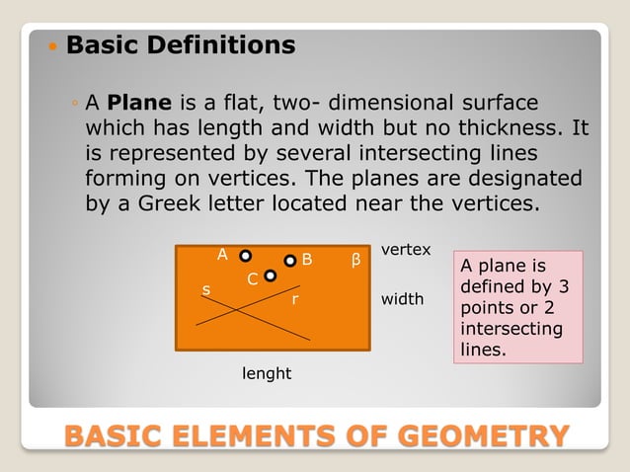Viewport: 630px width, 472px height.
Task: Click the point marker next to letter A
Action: (x=245, y=256)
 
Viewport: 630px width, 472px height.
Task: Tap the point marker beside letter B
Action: (x=290, y=261)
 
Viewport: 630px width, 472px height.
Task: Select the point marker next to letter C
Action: (x=270, y=276)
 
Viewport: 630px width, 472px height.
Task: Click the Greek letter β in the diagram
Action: (x=356, y=262)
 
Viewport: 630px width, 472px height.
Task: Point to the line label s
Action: (x=206, y=289)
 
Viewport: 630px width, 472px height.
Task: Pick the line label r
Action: (x=294, y=297)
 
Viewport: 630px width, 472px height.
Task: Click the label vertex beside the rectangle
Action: (x=406, y=250)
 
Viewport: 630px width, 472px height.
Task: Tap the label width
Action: (x=402, y=298)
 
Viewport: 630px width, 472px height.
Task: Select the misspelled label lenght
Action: (x=267, y=374)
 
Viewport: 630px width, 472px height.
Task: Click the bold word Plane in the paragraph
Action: (x=140, y=103)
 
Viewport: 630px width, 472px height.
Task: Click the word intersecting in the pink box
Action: (x=512, y=329)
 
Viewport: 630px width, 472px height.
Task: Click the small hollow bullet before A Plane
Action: (x=76, y=103)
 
